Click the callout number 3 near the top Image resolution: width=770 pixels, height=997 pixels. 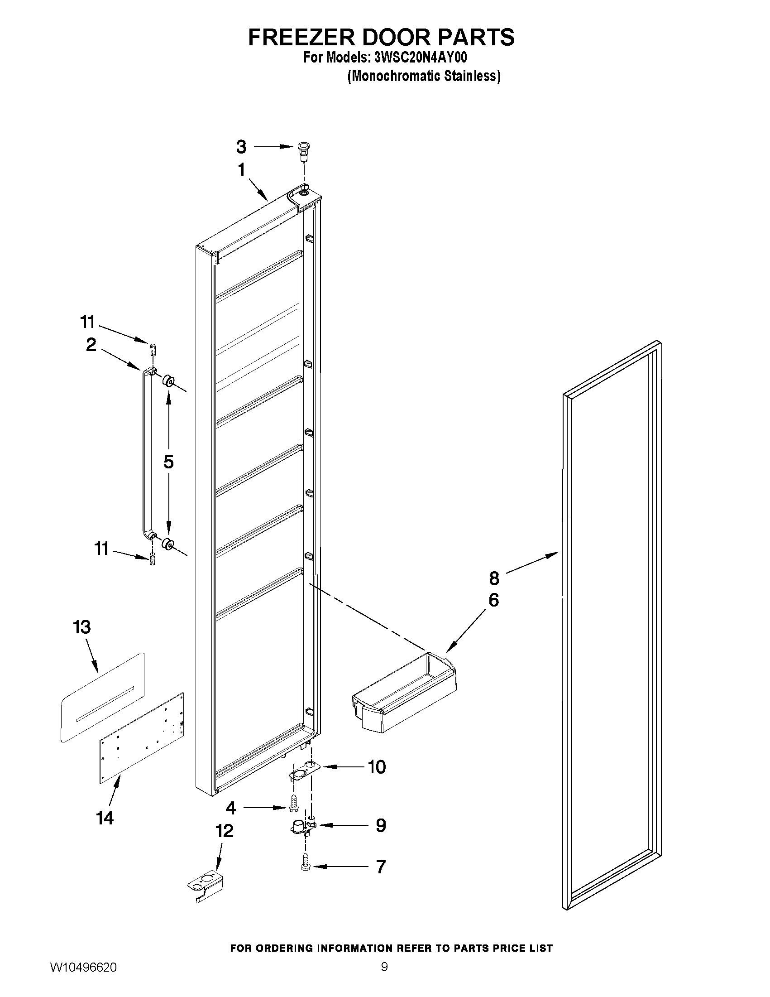241,147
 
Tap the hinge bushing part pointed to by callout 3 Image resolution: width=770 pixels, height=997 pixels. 302,150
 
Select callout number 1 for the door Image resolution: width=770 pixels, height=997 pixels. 241,170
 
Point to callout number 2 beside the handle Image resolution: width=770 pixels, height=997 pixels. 91,345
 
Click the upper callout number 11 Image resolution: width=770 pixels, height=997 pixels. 87,322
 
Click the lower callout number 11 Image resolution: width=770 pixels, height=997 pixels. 101,549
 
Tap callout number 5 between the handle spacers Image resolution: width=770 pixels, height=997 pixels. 168,462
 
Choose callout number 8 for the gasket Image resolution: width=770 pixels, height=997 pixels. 494,578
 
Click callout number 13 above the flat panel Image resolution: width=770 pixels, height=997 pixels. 82,627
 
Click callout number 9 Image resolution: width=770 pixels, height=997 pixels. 381,825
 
